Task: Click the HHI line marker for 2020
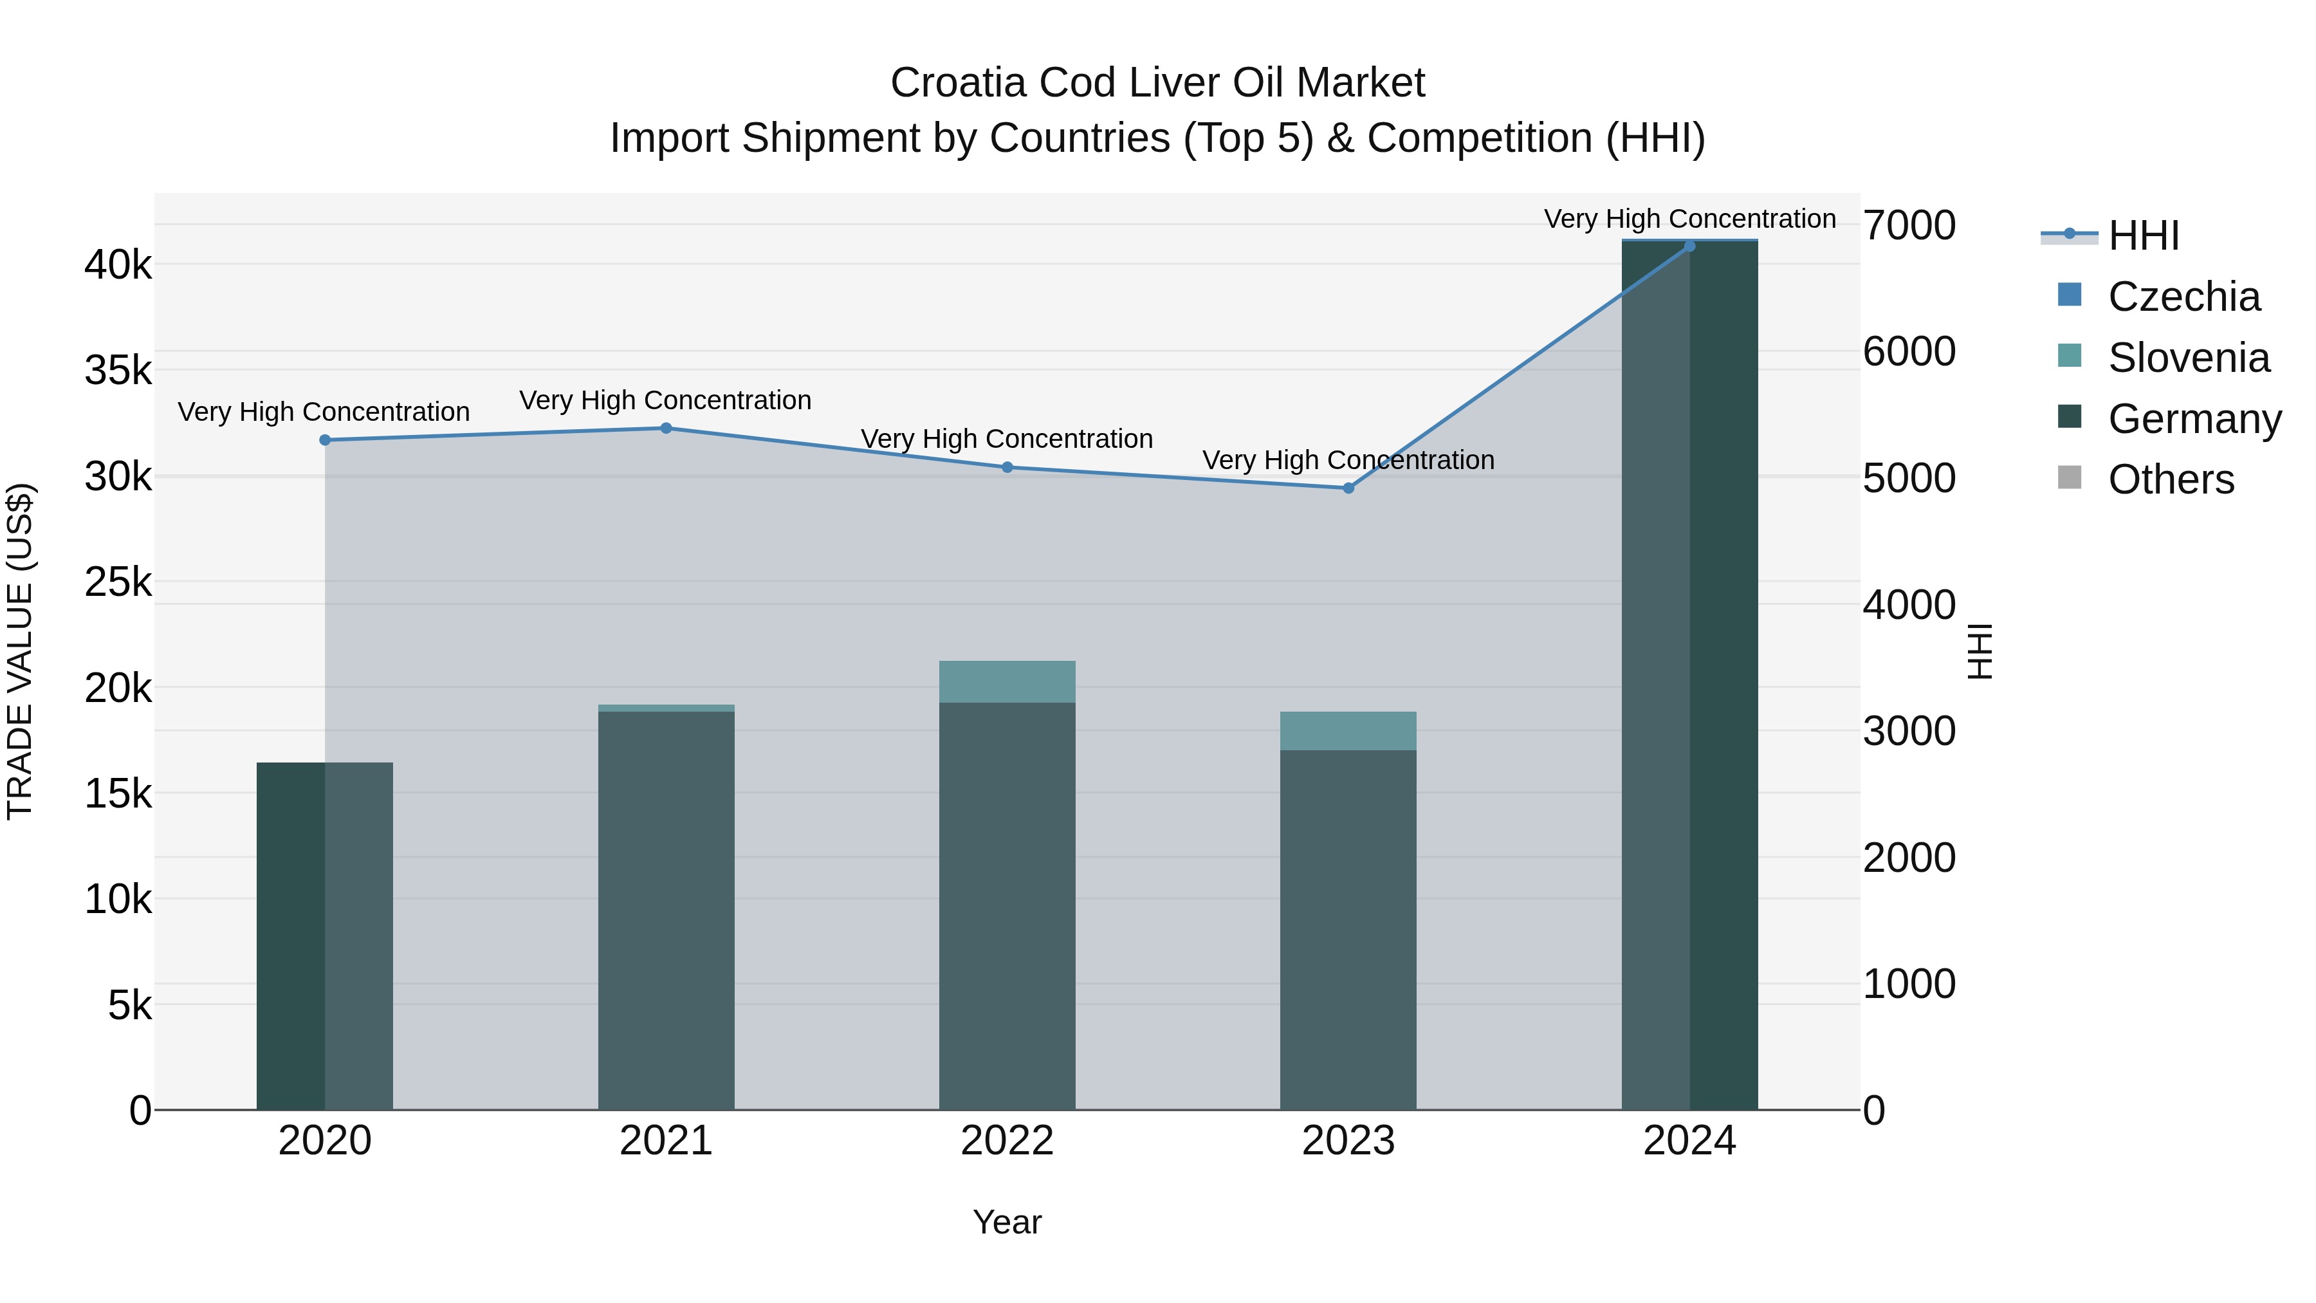325,439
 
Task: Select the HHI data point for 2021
666,428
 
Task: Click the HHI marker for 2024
1689,246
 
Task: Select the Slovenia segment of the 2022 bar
1007,681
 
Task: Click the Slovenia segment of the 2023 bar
1348,731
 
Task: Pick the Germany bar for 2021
666,908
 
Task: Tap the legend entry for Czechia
2183,297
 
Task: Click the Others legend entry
2171,479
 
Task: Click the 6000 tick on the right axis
1909,351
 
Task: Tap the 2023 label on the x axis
1348,1141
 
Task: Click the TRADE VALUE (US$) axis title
20,651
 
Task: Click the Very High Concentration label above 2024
1689,219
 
